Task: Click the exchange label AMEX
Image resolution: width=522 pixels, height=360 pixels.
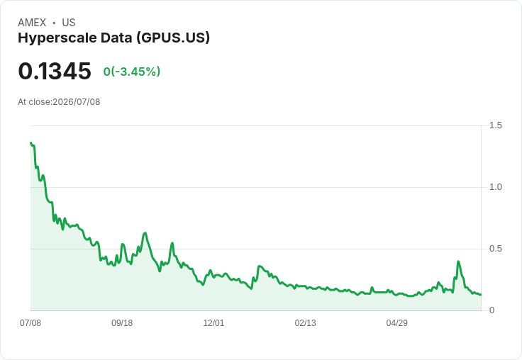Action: [32, 23]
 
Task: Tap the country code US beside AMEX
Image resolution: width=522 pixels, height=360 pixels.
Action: [69, 23]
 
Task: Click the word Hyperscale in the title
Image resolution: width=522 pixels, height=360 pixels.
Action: [57, 38]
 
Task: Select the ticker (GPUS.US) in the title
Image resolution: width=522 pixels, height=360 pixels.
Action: [173, 38]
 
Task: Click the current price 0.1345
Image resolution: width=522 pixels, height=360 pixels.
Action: [55, 71]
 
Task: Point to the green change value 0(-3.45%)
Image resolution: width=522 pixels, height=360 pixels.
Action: [132, 72]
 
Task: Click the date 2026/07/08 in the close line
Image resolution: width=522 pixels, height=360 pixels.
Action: [76, 102]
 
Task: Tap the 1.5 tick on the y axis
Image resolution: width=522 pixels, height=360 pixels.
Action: [495, 125]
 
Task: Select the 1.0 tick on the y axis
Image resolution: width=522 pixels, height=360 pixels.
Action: [495, 187]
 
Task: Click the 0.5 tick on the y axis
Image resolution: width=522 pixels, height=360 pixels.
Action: [495, 249]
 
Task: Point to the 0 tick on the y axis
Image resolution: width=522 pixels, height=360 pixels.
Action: [492, 310]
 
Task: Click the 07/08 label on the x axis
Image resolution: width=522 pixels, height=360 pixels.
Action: [30, 322]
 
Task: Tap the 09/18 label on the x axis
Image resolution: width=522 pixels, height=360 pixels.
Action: [122, 322]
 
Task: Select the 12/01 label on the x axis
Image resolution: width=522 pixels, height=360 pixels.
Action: [213, 322]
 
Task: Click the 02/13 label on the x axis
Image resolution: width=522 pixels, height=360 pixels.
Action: [305, 322]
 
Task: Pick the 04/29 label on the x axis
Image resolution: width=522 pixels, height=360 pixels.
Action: [397, 322]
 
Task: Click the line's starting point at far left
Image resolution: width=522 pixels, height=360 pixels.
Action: [31, 142]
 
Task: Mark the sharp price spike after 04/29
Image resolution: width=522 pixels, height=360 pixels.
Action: [458, 261]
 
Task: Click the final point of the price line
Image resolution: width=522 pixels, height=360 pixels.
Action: [481, 295]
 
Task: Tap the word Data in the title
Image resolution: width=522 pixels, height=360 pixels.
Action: [116, 38]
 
